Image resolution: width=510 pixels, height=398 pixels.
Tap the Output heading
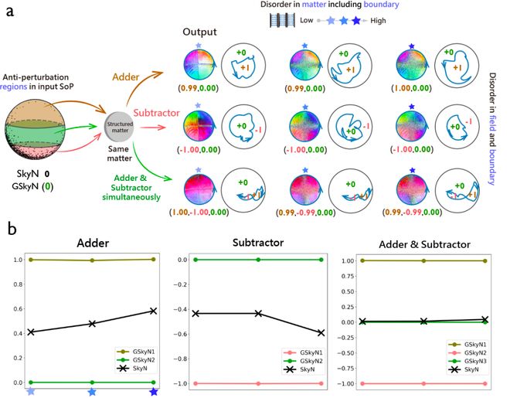(200, 33)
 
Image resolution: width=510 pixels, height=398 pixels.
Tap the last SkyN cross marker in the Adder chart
(154, 311)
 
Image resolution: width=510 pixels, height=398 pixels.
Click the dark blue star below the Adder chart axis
(154, 393)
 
